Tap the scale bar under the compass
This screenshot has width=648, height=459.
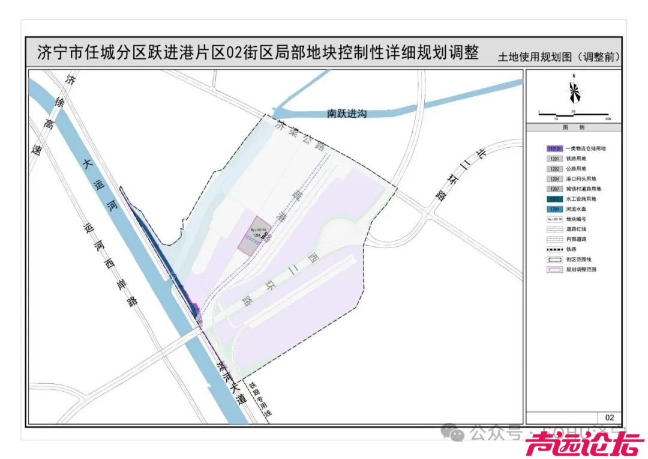(574, 114)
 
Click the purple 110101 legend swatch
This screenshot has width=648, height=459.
(554, 148)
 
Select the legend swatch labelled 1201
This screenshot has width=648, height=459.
(554, 159)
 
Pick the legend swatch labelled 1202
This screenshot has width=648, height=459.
(554, 169)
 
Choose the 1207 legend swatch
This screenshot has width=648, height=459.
(554, 189)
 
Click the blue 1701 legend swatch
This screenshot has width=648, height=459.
(554, 209)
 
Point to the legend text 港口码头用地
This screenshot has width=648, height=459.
(581, 179)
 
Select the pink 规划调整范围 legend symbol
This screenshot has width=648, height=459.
(554, 270)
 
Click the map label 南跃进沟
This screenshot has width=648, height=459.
(346, 113)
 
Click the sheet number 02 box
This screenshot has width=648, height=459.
(610, 418)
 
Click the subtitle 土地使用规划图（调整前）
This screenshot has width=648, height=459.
(559, 58)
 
